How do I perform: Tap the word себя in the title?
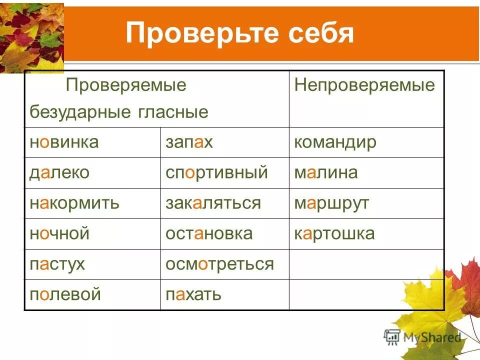320,33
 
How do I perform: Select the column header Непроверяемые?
364,85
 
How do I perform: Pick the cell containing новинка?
64,142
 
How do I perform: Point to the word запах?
189,142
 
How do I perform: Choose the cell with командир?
335,142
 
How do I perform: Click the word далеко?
59,173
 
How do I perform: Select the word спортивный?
216,173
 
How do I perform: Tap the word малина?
326,173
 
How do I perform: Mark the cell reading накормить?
74,203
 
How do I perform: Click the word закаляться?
213,203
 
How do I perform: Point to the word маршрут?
331,203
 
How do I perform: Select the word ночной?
59,233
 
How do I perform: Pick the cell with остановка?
209,233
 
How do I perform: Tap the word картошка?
334,233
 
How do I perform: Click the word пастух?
57,264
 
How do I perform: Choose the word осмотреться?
219,264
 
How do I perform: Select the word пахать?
193,294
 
